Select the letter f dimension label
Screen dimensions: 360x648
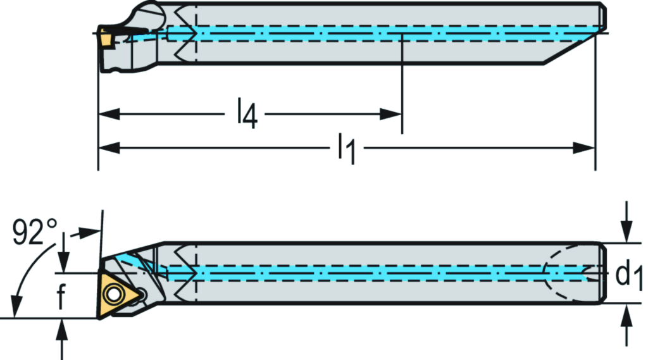(x=61, y=297)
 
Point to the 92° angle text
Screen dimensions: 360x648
(x=35, y=233)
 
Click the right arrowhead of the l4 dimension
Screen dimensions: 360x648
(x=392, y=115)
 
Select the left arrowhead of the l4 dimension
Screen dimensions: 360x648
(x=109, y=115)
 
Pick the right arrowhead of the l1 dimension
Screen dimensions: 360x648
(x=585, y=148)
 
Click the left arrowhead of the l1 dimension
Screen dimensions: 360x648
(x=109, y=148)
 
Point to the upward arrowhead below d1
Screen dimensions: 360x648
(x=626, y=313)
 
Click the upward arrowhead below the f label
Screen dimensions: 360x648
(x=63, y=328)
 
